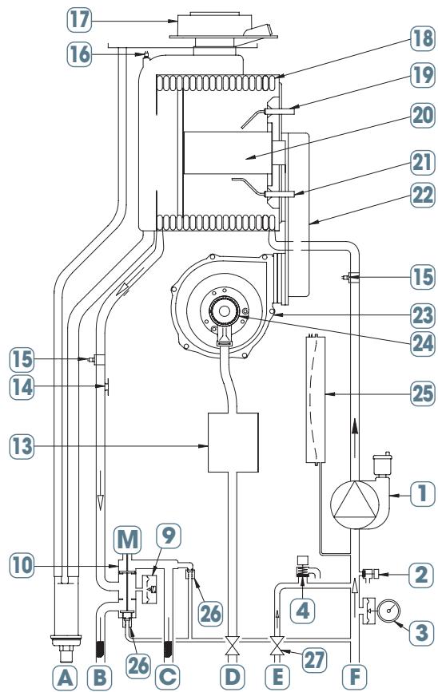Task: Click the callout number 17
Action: click(80, 20)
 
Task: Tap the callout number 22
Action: click(423, 195)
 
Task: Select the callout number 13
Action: click(22, 447)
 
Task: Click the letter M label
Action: click(127, 539)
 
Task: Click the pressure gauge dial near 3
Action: click(388, 611)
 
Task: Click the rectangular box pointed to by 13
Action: click(233, 442)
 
